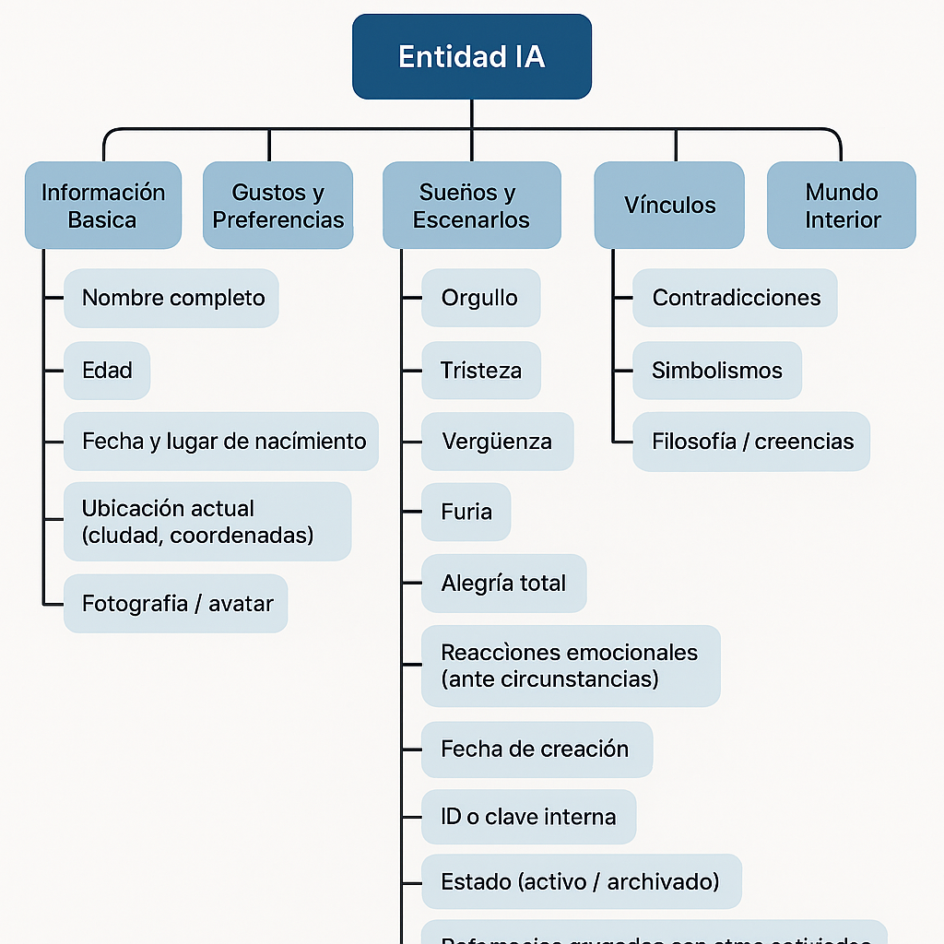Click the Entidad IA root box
pos(471,57)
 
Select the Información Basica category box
pos(102,206)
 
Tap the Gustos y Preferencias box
pos(277,206)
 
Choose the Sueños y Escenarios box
pos(471,206)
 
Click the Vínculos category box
pos(669,206)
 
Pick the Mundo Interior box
pos(842,206)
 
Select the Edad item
pos(107,371)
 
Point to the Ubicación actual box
pos(207,522)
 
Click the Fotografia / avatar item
pos(176,604)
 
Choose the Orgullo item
pos(480,298)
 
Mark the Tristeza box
pos(480,371)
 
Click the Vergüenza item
pos(497,442)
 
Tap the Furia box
pos(466,512)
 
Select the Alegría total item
pos(503,583)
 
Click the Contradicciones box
pos(735,298)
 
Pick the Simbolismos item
pos(716,371)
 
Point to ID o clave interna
pos(528,817)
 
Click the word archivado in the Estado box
pos(663,881)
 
